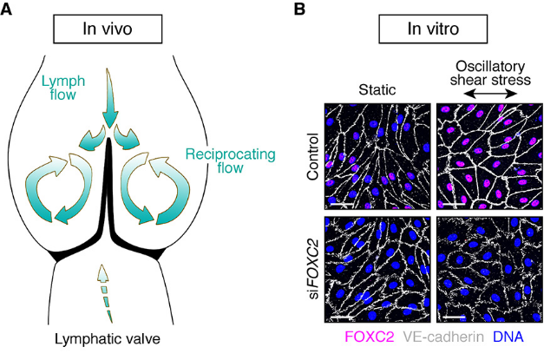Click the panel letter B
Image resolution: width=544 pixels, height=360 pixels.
tap(299, 10)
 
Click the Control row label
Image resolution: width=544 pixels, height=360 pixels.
tap(312, 157)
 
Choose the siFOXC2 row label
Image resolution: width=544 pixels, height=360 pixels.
tap(312, 268)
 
